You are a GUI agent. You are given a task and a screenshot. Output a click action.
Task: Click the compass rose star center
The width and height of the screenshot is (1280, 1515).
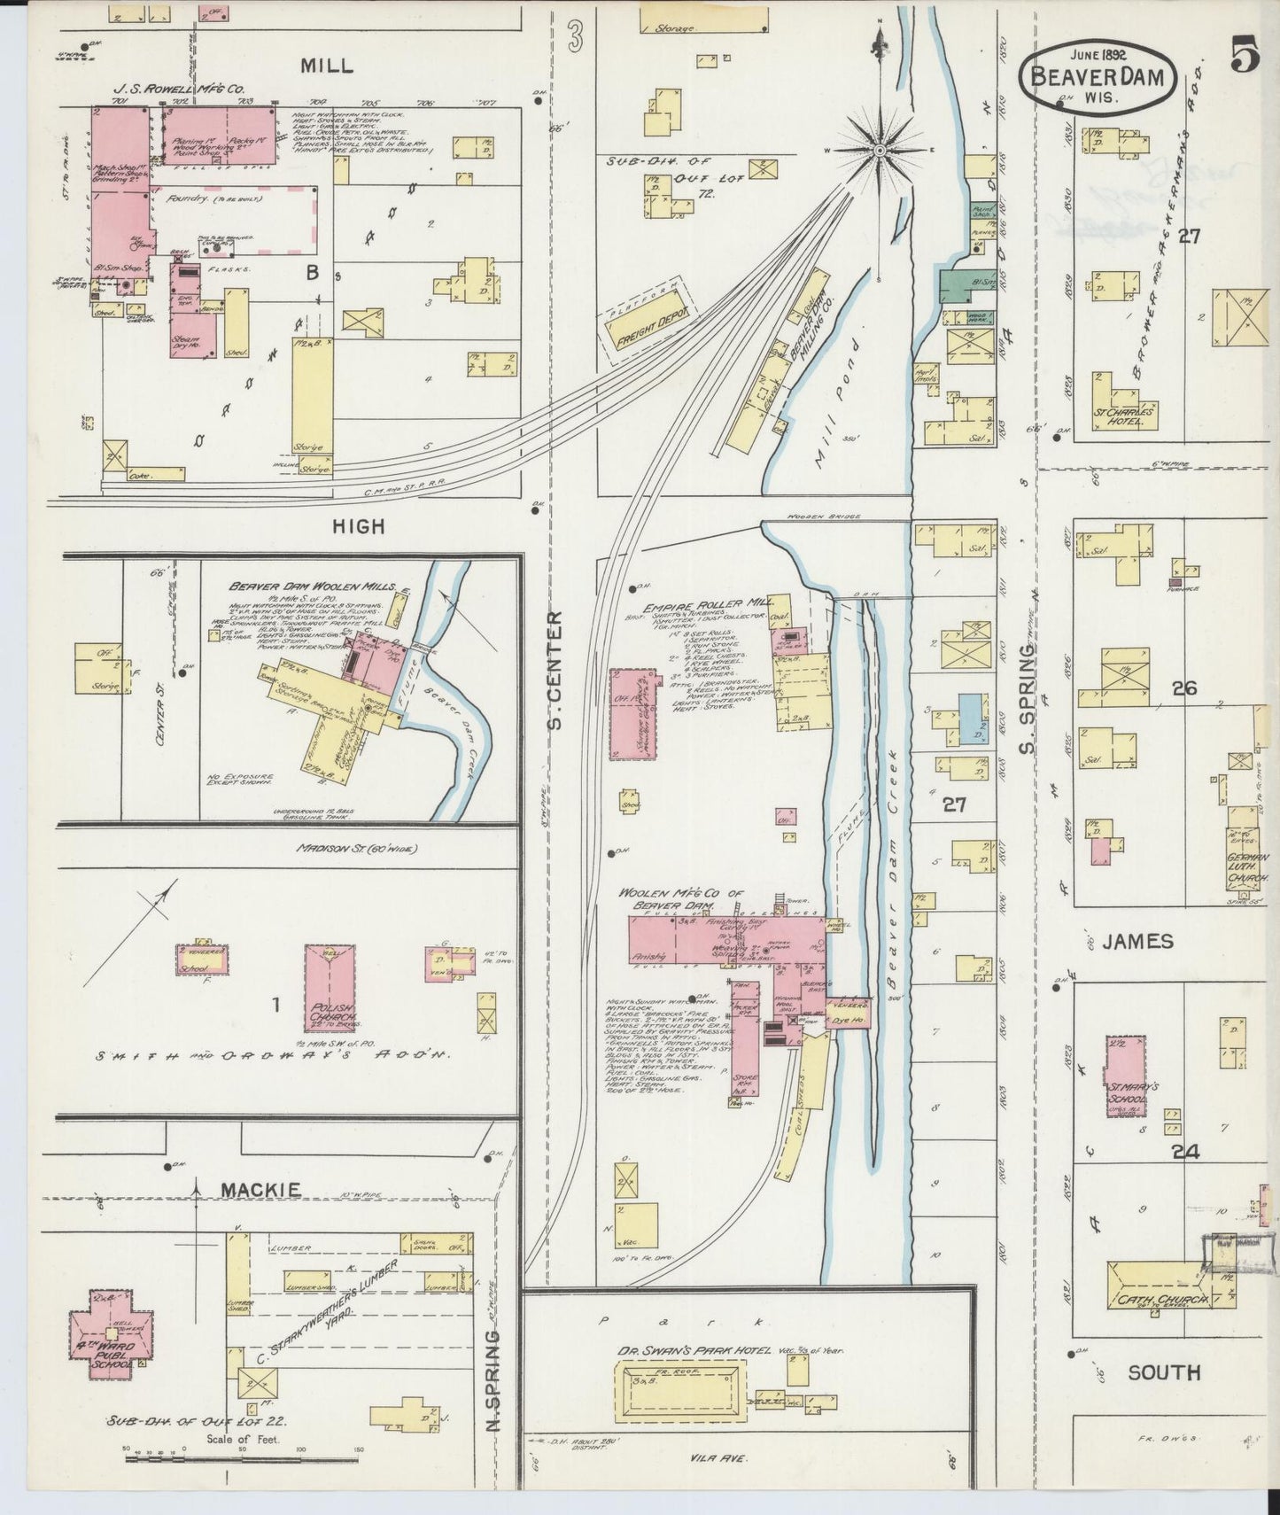pyautogui.click(x=880, y=151)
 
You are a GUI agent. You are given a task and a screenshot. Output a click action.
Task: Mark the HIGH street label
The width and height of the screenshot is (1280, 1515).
pyautogui.click(x=359, y=526)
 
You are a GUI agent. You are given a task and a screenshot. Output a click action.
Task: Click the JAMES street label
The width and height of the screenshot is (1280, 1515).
pyautogui.click(x=1139, y=941)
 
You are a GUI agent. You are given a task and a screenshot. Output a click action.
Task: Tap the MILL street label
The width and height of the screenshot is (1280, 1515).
pyautogui.click(x=326, y=65)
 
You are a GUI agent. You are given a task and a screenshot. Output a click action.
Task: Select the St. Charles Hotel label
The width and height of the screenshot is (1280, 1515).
pyautogui.click(x=1123, y=416)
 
